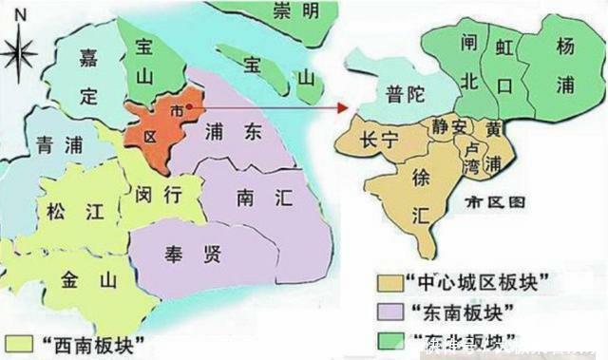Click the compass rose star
pos(20,54)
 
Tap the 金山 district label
pos(86,279)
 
